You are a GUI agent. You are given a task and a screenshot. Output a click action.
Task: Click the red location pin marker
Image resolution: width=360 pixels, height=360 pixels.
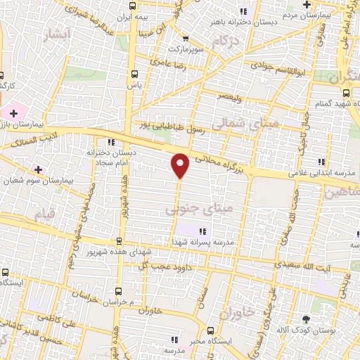coord(181,165)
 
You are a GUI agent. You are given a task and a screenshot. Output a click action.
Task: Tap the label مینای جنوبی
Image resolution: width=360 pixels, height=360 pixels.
coord(187,210)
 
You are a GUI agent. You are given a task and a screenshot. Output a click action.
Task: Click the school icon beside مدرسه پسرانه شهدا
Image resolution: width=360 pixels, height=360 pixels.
coord(202,231)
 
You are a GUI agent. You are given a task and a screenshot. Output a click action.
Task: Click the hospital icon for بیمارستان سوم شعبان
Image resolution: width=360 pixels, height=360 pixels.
coord(38,169)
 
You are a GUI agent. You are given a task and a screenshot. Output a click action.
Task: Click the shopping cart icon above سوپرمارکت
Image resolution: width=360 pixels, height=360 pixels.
coord(185,39)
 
